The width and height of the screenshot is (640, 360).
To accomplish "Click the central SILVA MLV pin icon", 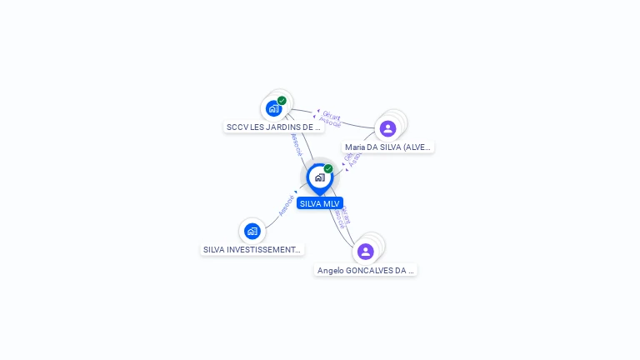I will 319,177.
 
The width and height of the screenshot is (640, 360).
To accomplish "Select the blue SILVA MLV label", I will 320,203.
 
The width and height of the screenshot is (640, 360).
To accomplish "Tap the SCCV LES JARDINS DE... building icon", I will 273,108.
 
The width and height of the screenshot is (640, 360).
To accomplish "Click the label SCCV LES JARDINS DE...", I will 273,127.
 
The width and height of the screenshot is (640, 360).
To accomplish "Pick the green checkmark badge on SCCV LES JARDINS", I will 282,101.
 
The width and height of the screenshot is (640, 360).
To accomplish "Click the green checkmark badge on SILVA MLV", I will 328,169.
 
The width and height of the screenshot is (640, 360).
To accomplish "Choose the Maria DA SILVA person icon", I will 387,128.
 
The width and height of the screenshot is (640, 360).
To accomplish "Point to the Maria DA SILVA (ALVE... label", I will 388,147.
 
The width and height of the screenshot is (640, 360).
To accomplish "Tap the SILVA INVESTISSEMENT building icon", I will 252,231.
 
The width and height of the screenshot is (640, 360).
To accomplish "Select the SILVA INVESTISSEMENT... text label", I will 252,249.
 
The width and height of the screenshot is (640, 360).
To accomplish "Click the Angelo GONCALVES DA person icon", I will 365,251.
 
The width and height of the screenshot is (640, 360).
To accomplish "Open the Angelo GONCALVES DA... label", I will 366,271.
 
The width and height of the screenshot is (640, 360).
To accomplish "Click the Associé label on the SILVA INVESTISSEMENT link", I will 286,205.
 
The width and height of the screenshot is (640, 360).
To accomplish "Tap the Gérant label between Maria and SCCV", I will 332,116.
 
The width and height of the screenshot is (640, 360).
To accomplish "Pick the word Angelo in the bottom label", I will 331,271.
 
